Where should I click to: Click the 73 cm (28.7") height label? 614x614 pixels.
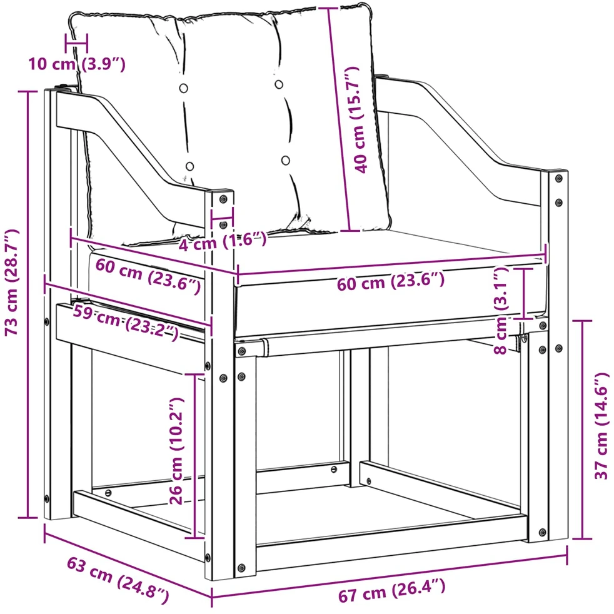[12, 283]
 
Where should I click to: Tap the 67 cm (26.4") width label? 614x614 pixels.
[391, 591]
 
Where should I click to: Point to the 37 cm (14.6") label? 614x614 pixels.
[602, 426]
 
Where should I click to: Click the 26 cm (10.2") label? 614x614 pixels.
[176, 451]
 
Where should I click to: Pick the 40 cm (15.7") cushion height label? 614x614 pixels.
[358, 120]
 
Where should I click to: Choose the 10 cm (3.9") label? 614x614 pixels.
[77, 64]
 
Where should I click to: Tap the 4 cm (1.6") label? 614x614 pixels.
[223, 241]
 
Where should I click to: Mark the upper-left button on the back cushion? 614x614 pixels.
[183, 88]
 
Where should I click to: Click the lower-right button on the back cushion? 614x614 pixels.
[286, 161]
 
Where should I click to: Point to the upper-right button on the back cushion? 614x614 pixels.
[279, 84]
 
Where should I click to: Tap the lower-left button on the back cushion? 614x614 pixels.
[189, 166]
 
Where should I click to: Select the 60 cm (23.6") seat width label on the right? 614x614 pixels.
[391, 281]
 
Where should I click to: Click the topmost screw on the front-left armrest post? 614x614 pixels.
[223, 199]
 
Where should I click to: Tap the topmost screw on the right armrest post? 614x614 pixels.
[559, 178]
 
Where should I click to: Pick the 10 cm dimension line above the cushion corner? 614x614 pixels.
[77, 43]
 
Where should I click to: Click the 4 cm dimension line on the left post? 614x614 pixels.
[223, 218]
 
